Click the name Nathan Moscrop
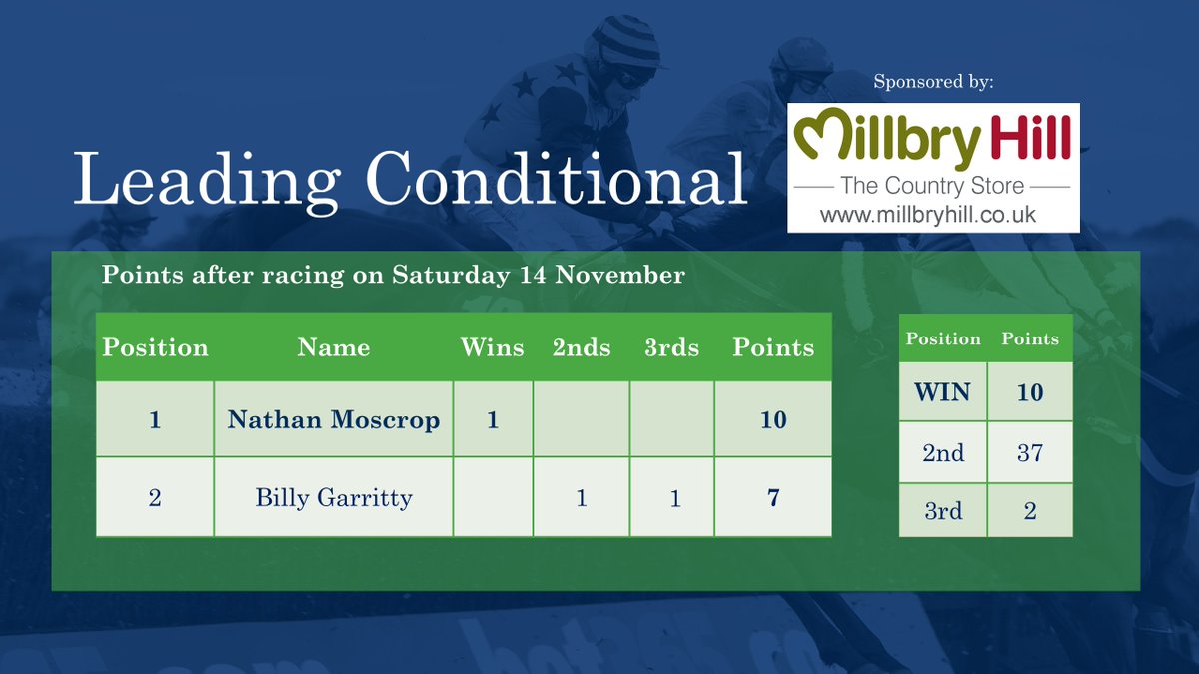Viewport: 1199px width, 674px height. pyautogui.click(x=334, y=420)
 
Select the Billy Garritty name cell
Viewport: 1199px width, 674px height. pyautogui.click(x=334, y=497)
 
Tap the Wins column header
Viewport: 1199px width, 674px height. pyautogui.click(x=492, y=347)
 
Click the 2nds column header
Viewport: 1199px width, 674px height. pyautogui.click(x=582, y=347)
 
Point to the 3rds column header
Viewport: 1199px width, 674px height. pyautogui.click(x=671, y=347)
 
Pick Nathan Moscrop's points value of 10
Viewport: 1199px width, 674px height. pyautogui.click(x=773, y=420)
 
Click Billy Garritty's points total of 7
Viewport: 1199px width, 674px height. pyautogui.click(x=773, y=497)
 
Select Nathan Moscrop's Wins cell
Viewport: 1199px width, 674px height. pyautogui.click(x=493, y=420)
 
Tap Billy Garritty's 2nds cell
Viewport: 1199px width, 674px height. pyautogui.click(x=582, y=497)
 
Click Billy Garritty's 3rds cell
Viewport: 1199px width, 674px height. pyautogui.click(x=675, y=497)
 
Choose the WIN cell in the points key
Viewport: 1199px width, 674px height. pyautogui.click(x=943, y=392)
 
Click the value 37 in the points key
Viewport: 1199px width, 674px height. pyautogui.click(x=1030, y=453)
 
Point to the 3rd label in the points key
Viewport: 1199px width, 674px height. pyautogui.click(x=943, y=511)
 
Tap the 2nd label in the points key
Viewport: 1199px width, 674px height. pyautogui.click(x=943, y=453)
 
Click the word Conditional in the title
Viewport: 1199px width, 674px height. pyautogui.click(x=557, y=180)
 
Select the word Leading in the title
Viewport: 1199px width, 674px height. pyautogui.click(x=206, y=182)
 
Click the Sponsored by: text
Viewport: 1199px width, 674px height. pyautogui.click(x=933, y=82)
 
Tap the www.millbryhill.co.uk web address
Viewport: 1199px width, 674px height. pyautogui.click(x=928, y=214)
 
